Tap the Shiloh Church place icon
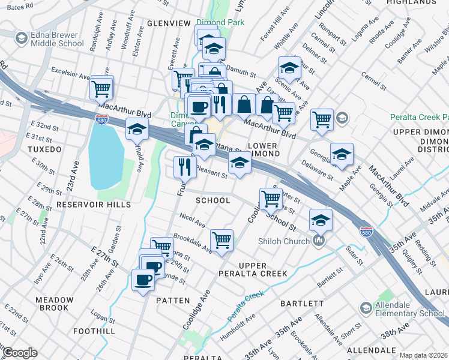point(319,242)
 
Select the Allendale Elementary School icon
point(366,308)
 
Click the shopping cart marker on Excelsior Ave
point(101,88)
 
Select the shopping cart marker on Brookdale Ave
point(221,240)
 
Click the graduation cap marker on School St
point(321,220)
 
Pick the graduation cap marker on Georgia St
point(342,154)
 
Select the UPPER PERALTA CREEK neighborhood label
point(262,269)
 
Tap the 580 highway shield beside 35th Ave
point(366,231)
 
